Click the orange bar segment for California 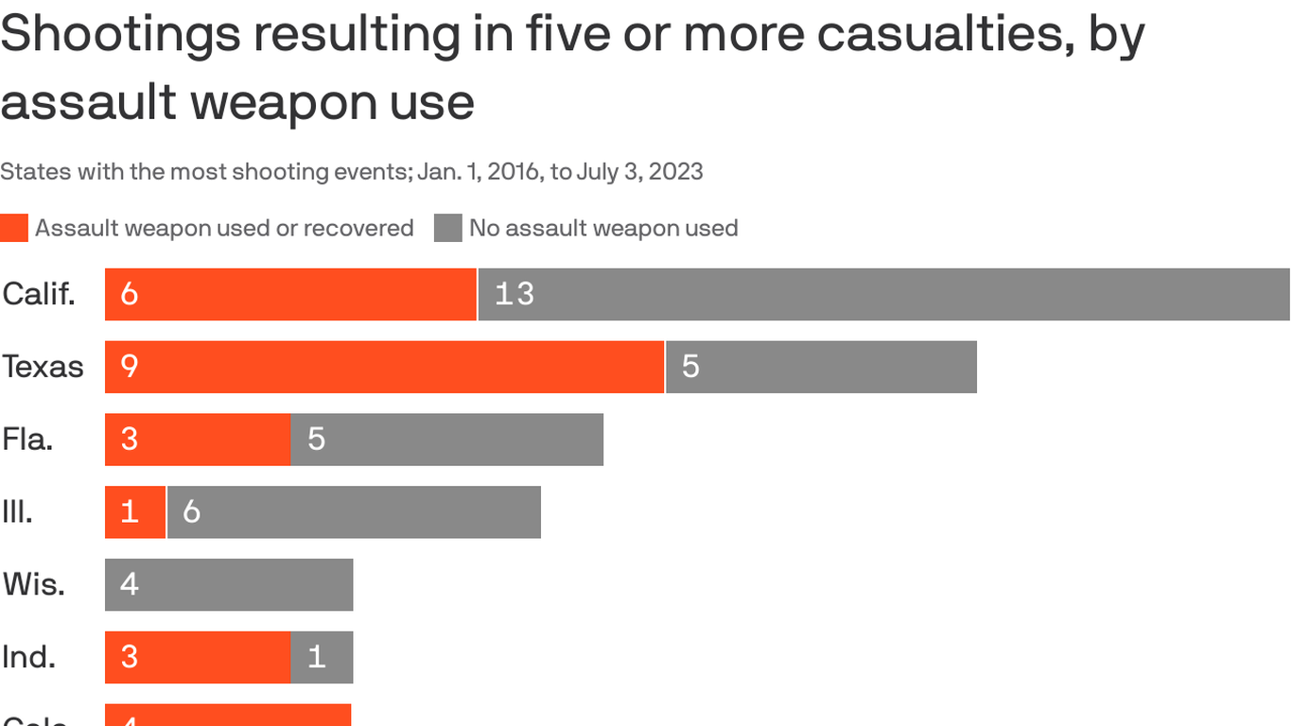(x=290, y=294)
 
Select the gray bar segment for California (x=883, y=294)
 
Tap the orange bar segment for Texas (x=384, y=367)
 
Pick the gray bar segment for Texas (x=821, y=367)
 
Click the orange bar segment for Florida (x=198, y=440)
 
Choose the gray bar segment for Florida (x=446, y=440)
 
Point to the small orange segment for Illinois (x=135, y=512)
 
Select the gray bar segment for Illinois (x=354, y=512)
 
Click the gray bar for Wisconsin (x=229, y=585)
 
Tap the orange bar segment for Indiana (x=198, y=657)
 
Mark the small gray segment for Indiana (x=322, y=657)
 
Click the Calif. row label (x=39, y=294)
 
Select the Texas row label (x=43, y=367)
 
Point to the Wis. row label (x=34, y=585)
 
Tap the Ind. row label (x=28, y=657)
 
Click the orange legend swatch (x=14, y=228)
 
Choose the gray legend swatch (x=448, y=228)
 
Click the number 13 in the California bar (x=515, y=294)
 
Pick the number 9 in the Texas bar (x=130, y=367)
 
